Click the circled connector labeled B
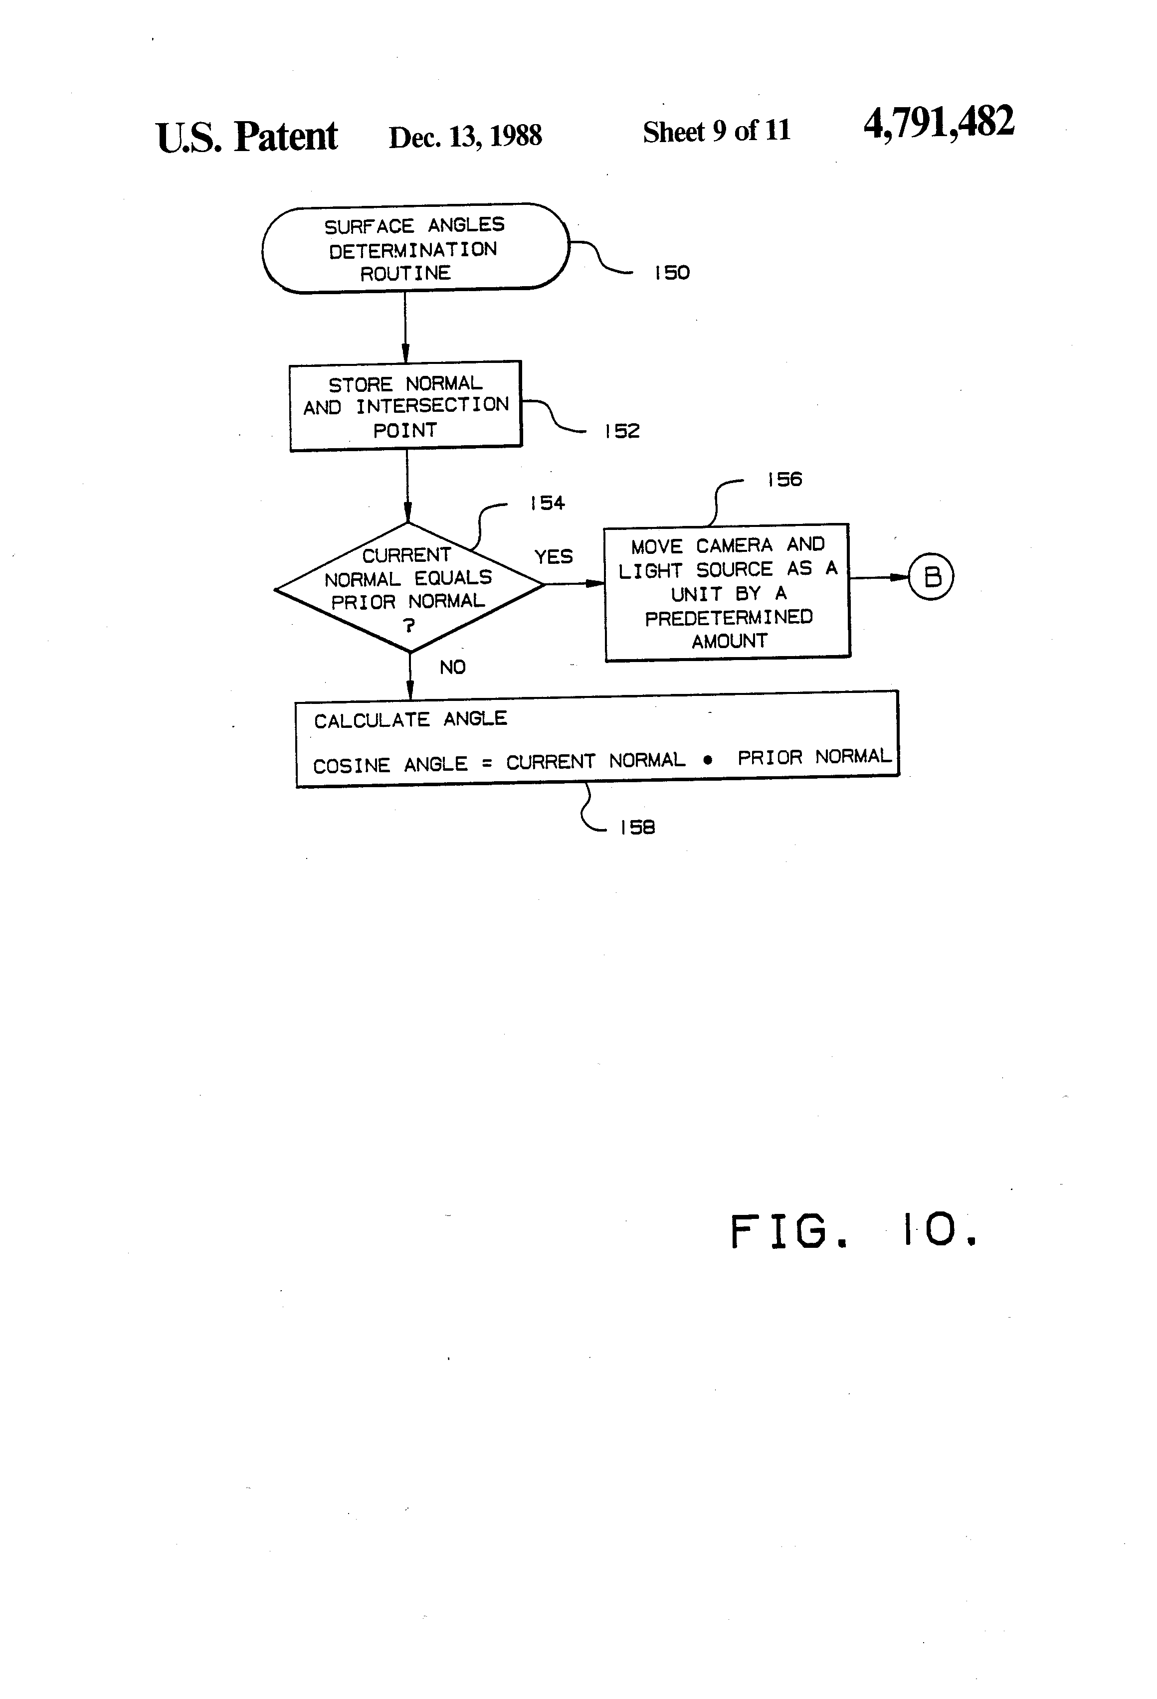tap(931, 577)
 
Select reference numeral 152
tap(622, 431)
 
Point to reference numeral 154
tap(548, 503)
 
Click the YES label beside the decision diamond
tap(554, 557)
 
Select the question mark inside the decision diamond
tap(409, 625)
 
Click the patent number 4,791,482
tap(939, 122)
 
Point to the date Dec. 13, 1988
tap(465, 137)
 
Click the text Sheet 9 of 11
tap(717, 132)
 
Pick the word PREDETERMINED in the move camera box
tap(729, 618)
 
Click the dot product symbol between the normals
tap(707, 760)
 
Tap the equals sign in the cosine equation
tap(486, 764)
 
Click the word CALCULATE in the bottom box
tap(372, 721)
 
